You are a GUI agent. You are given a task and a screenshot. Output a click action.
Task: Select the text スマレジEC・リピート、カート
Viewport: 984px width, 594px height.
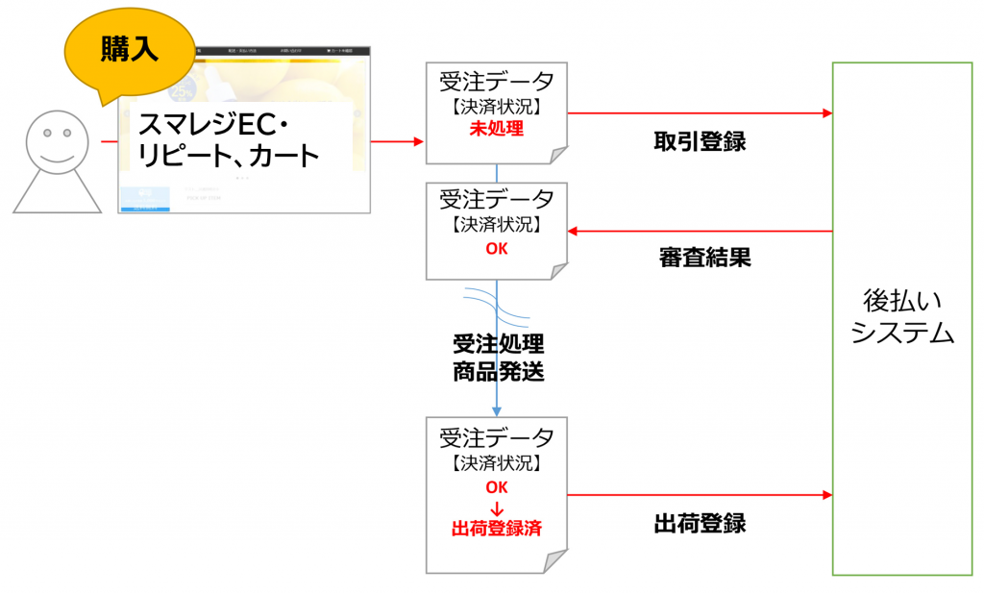pos(228,139)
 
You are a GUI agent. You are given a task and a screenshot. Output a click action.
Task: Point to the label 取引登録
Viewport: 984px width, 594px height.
pos(700,141)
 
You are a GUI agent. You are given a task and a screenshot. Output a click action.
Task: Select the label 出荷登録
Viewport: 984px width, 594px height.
pos(700,524)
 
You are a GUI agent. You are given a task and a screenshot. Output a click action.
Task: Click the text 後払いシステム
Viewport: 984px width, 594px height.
pos(902,317)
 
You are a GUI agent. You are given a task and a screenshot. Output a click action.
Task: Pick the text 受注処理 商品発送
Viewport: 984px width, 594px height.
pos(498,358)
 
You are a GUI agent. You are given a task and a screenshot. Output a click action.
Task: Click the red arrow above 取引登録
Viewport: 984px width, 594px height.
pos(700,113)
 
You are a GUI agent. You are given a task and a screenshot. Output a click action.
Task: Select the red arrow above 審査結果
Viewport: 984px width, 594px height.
pos(700,232)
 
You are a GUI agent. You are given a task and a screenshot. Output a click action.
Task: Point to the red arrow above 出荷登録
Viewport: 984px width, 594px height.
pos(700,495)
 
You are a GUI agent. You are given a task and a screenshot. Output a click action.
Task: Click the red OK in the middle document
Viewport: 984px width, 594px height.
pos(496,247)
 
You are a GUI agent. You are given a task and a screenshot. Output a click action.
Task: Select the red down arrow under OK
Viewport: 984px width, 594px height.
pos(496,507)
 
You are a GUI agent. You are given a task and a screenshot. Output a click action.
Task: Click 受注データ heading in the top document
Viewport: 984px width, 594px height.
pos(496,80)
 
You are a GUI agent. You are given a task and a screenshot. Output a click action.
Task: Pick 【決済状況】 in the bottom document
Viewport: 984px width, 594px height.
pos(496,463)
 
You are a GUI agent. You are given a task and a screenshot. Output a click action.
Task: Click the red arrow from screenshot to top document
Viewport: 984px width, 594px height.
pos(397,142)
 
